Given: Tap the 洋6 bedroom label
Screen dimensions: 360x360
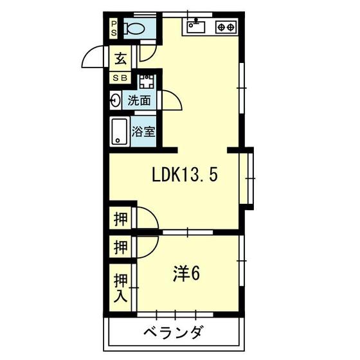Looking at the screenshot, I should [186, 273].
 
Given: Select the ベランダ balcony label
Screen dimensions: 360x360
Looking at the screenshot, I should [174, 333].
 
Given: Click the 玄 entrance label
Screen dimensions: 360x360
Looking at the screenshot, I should [121, 59].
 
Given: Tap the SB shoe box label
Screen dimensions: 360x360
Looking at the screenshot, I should [121, 78].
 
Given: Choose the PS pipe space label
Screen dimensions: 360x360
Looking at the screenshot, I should [114, 28].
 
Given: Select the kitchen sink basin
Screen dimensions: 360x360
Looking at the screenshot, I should [195, 27].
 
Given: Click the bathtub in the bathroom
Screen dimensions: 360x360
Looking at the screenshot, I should [120, 132].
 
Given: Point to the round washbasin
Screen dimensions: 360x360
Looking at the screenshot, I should [115, 100].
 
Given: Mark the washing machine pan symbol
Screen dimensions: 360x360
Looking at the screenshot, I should [147, 81].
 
